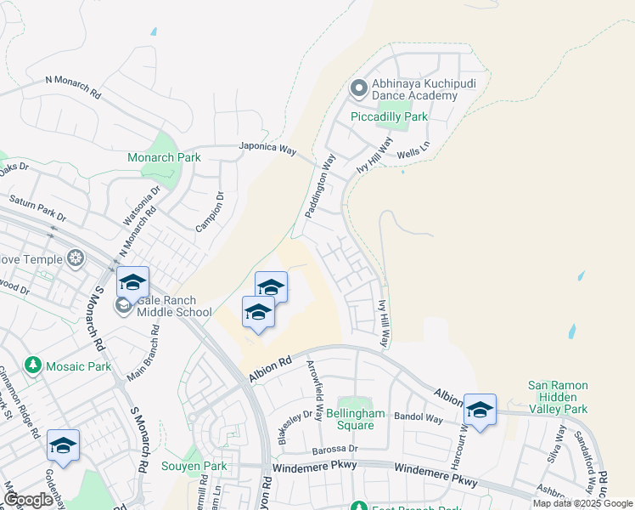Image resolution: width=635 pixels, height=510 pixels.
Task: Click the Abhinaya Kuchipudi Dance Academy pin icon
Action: (358, 88)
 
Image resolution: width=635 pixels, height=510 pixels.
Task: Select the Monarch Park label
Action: (164, 157)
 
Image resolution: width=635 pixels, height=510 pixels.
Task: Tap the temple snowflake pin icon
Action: (76, 258)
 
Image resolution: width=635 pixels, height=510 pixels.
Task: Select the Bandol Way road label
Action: (423, 418)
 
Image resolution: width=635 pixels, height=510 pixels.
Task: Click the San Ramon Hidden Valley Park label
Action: (558, 397)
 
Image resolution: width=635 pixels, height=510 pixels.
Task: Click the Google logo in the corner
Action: (28, 500)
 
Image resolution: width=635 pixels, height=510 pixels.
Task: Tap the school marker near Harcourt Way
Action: (480, 411)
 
